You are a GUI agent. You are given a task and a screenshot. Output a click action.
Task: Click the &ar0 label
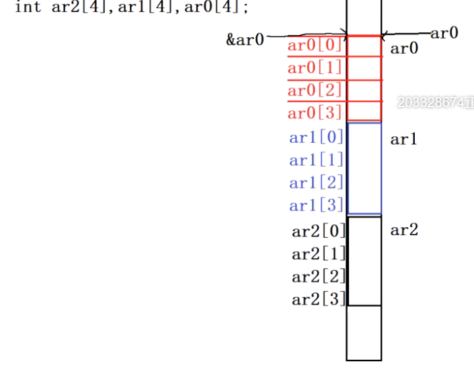(245, 39)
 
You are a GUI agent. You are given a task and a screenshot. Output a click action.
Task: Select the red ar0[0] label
(315, 46)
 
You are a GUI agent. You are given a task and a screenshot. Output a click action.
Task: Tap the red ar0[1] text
(315, 68)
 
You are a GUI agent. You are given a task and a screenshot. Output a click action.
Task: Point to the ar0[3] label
(315, 112)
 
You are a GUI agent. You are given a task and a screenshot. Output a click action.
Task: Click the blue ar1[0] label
(316, 137)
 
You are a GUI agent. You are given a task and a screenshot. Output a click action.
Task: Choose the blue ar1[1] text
(316, 160)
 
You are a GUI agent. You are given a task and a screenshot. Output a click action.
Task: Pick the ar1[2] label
(316, 183)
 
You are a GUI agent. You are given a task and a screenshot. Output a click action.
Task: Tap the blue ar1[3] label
(316, 205)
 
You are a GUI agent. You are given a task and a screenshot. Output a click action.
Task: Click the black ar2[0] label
(319, 231)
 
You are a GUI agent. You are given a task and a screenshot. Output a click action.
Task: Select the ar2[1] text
(319, 254)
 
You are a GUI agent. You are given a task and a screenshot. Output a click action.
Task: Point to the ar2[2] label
(319, 276)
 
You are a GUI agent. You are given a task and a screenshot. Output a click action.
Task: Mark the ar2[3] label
(319, 299)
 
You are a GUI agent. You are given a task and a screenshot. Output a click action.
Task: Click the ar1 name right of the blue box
(404, 139)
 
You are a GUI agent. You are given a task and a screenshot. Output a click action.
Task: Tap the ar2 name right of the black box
(404, 230)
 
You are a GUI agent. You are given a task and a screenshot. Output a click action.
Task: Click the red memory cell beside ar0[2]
(364, 90)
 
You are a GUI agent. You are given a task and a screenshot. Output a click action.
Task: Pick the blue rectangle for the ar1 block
(364, 168)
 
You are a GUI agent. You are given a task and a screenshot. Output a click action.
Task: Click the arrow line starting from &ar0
(306, 36)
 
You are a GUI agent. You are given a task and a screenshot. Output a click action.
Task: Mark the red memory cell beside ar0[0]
(364, 46)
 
